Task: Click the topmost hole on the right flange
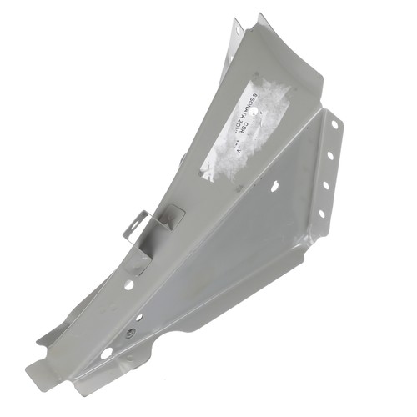tap(335, 125)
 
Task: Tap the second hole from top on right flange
tap(331, 155)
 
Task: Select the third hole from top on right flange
tap(326, 184)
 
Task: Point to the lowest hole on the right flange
tap(321, 214)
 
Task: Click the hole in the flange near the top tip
tap(237, 32)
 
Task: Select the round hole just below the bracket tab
tap(128, 284)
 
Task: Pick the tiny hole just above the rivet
tap(138, 318)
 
